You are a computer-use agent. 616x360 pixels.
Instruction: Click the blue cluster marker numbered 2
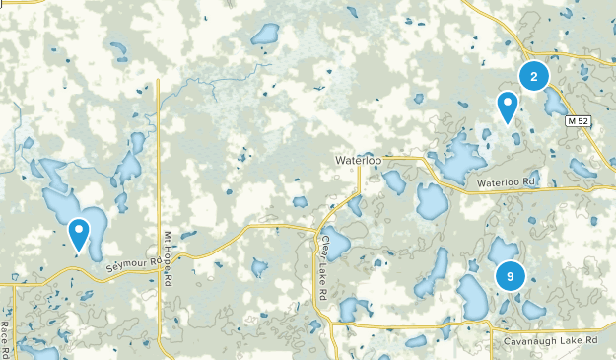click(533, 75)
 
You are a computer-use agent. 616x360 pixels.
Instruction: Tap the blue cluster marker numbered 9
click(510, 276)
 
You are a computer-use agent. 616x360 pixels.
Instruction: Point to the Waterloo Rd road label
click(507, 182)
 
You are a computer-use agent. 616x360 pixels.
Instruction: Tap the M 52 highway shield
click(579, 120)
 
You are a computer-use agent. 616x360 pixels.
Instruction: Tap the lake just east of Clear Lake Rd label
click(337, 243)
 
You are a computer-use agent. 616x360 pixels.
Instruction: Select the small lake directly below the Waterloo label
click(394, 181)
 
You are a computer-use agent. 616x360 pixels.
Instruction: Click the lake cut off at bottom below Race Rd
click(39, 353)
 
